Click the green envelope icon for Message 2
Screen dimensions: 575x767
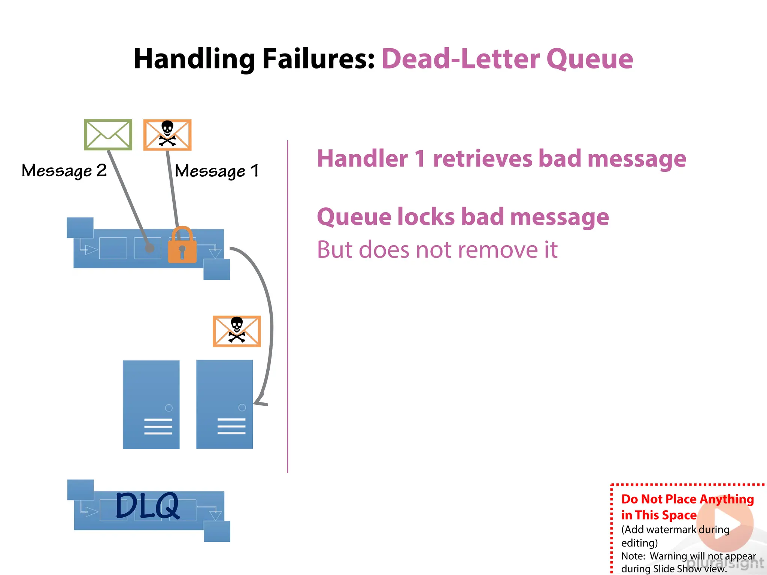click(x=108, y=135)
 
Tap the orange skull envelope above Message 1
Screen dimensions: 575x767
click(x=167, y=135)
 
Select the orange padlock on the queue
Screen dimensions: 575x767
click(x=182, y=245)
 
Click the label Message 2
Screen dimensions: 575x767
click(x=64, y=171)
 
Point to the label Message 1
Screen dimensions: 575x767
click(x=217, y=171)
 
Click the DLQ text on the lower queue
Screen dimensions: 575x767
click(x=147, y=506)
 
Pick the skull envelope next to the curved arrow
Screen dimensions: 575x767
click(x=237, y=331)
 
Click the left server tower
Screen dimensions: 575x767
click(x=151, y=404)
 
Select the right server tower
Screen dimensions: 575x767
click(x=224, y=404)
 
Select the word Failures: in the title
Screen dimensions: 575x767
click(x=318, y=59)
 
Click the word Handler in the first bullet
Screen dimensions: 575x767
click(x=362, y=159)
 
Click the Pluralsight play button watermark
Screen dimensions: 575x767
click(x=725, y=523)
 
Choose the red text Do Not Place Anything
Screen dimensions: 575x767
click(x=687, y=499)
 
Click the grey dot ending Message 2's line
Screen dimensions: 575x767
click(x=149, y=248)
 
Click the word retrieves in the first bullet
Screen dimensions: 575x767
click(x=482, y=159)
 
